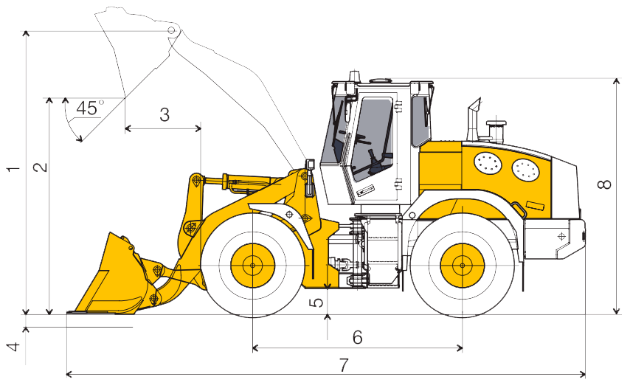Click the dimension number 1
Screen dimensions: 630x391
(x=13, y=169)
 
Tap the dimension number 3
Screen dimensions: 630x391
(x=165, y=115)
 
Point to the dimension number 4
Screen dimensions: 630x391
(x=15, y=347)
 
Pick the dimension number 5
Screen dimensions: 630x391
(x=317, y=302)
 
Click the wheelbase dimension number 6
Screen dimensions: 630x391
(x=358, y=338)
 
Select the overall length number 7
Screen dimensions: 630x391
(x=344, y=365)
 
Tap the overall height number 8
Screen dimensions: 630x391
(x=605, y=184)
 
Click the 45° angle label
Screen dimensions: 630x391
(x=89, y=108)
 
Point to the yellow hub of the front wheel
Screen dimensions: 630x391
(x=253, y=266)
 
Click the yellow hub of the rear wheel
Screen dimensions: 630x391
(x=462, y=266)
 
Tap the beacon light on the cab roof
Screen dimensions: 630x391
(x=354, y=77)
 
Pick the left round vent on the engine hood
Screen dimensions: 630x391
(x=488, y=163)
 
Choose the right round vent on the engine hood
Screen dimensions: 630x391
(x=525, y=170)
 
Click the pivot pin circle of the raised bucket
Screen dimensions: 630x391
(x=172, y=30)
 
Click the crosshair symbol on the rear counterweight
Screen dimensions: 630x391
(x=561, y=236)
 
